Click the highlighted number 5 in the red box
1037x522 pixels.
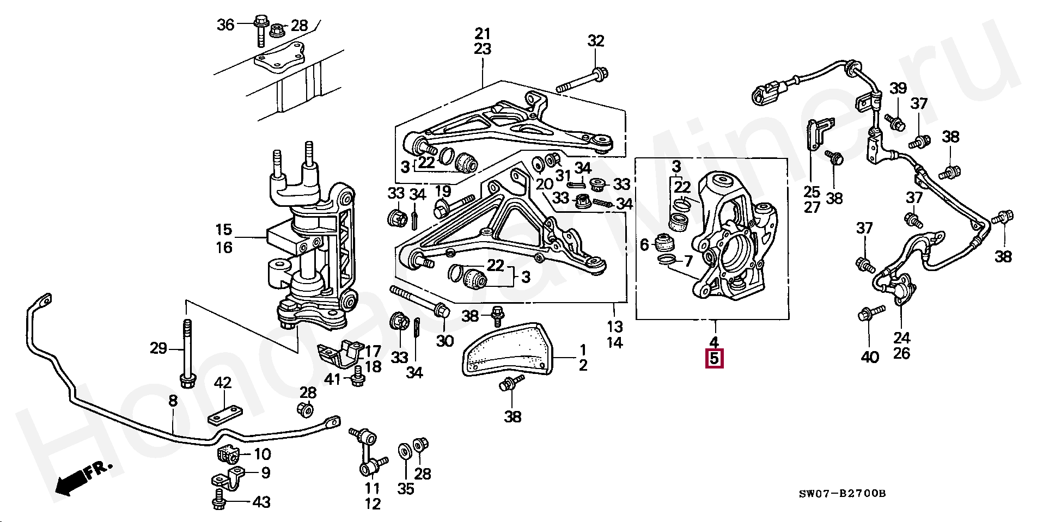(x=713, y=359)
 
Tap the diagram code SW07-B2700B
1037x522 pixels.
(x=842, y=494)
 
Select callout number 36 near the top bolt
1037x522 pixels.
(x=225, y=24)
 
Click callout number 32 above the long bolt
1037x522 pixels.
(x=596, y=41)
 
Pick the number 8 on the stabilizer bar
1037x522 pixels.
(x=173, y=401)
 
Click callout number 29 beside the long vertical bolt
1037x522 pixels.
(x=158, y=348)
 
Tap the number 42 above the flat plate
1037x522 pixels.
(x=223, y=383)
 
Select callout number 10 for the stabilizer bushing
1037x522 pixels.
(x=262, y=454)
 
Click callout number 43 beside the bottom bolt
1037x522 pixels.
(x=261, y=502)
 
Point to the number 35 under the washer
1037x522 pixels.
(x=406, y=488)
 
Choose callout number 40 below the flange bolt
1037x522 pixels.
(x=870, y=357)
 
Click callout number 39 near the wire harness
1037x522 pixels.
(x=898, y=88)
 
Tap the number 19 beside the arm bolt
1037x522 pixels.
(x=443, y=191)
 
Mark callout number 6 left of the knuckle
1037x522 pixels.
(x=644, y=245)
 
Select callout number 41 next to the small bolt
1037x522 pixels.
(x=332, y=379)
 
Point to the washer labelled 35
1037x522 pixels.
(x=405, y=451)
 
